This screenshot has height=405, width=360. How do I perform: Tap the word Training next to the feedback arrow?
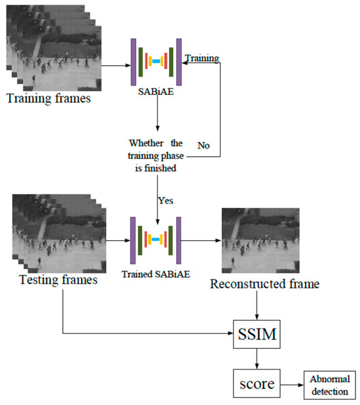point(202,58)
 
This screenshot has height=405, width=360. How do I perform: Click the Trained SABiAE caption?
point(157,273)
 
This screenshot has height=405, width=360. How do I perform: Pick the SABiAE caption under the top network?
point(156,92)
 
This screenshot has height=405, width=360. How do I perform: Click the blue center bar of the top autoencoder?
point(156,62)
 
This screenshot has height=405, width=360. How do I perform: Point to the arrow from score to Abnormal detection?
point(292,382)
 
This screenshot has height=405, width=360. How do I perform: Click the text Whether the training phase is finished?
point(158,154)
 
